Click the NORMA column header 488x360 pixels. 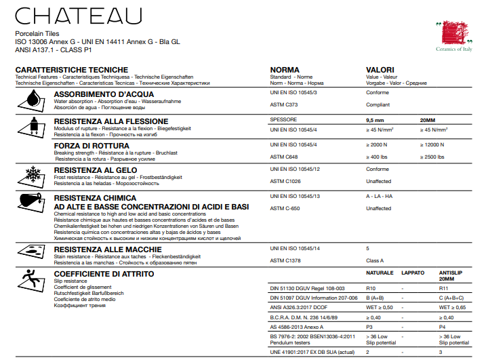(x=285, y=71)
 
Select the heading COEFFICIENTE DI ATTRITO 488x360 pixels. (x=104, y=274)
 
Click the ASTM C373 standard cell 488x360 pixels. (x=284, y=105)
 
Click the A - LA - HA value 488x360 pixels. (x=380, y=196)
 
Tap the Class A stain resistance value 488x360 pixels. (x=375, y=260)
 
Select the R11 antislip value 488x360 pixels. (x=445, y=287)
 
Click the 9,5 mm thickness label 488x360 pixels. (x=375, y=119)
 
